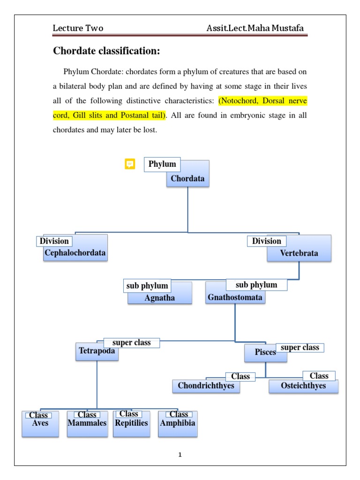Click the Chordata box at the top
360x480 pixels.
pos(188,178)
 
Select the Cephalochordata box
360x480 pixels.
pos(75,254)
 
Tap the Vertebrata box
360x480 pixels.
pos(299,253)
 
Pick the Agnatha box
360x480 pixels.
pos(160,298)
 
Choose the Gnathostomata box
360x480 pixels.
pos(235,297)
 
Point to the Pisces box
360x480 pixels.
pos(265,352)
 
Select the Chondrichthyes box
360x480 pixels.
pos(206,386)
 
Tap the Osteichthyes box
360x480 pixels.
pos(303,386)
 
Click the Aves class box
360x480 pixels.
pos(40,424)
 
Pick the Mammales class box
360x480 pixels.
pos(87,424)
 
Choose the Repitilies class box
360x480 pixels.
pos(131,424)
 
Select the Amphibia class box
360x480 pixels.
pos(178,424)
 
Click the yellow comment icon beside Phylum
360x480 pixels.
pos(130,164)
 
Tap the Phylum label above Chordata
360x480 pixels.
pos(162,164)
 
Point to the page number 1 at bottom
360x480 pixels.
pos(180,455)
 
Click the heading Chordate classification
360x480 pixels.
pos(107,51)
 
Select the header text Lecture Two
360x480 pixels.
pos(78,29)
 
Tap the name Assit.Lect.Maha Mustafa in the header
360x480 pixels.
pos(255,29)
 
